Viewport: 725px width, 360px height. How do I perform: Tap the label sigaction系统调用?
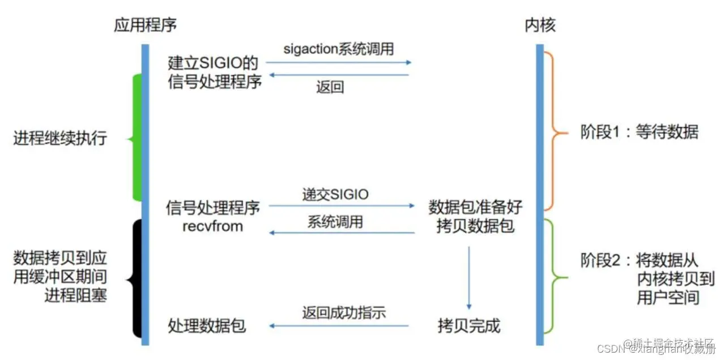[x=338, y=49]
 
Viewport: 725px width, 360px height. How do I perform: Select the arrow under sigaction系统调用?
[x=340, y=62]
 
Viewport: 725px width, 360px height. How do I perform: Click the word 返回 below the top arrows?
[x=330, y=87]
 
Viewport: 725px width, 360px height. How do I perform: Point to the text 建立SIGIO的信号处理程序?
[x=215, y=72]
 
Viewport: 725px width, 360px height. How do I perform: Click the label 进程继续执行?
[x=60, y=138]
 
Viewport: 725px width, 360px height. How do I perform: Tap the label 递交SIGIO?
[x=335, y=195]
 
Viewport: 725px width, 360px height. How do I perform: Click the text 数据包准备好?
[x=475, y=207]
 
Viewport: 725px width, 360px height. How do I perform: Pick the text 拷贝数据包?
[x=475, y=226]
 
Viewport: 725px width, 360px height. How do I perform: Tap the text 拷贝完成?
[x=469, y=325]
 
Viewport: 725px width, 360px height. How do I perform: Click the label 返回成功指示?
[x=344, y=312]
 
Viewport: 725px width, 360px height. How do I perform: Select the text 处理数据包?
[x=207, y=325]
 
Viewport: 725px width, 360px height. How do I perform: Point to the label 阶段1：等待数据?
[x=639, y=132]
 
